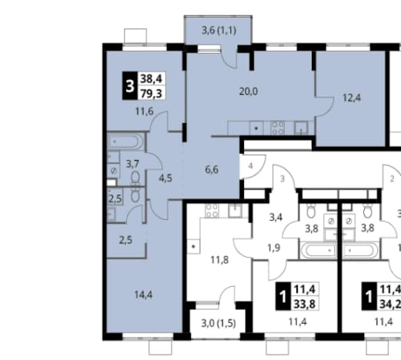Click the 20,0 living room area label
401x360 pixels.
pos(249,92)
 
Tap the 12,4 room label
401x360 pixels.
pos(352,98)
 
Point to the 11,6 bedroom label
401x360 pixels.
pos(145,112)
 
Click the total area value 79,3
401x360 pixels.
pos(152,94)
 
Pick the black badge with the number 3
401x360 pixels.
pos(130,86)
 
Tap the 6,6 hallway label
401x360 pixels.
pos(212,170)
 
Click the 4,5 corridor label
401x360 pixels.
pos(165,178)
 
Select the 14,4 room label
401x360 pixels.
pos(143,295)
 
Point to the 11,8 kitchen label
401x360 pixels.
pos(219,260)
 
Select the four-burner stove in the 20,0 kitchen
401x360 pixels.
pos(278,128)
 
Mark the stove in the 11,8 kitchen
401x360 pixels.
pos(212,211)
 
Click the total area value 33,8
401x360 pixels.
pos(305,304)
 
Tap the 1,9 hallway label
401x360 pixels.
pos(274,248)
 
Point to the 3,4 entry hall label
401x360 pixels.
pos(276,218)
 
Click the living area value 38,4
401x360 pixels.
pos(152,78)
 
